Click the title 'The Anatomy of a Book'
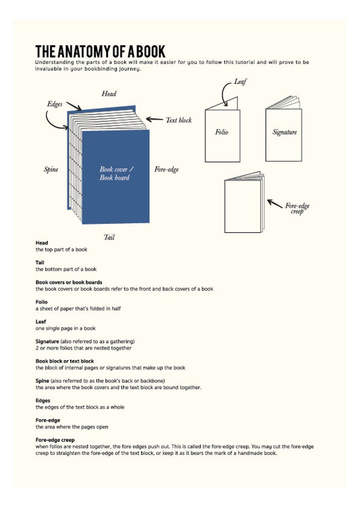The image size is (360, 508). pos(100,51)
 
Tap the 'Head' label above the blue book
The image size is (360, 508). pos(109,94)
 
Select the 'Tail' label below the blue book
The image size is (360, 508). pos(109,237)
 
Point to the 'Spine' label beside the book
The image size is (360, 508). pos(51,170)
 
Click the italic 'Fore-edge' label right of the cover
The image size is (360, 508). pos(166,170)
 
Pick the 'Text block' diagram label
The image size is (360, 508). pos(179,120)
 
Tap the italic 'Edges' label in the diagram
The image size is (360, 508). pos(55,104)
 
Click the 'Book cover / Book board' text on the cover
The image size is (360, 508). pos(115,173)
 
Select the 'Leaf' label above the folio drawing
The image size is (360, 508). pos(240,82)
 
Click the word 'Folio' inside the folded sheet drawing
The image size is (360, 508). pos(222,132)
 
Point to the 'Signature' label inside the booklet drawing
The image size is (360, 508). pos(284,132)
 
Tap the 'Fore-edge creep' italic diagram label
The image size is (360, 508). pos(297,209)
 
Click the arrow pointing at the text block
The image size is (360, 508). pos(155,120)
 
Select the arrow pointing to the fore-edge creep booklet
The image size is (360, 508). pos(275,203)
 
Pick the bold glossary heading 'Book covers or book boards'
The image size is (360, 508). pos(69,282)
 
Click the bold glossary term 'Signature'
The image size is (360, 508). pos(47,341)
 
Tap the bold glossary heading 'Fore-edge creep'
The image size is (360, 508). pos(55,440)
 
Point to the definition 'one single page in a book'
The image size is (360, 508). pos(66,328)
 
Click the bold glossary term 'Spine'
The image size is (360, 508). pos(43,381)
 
